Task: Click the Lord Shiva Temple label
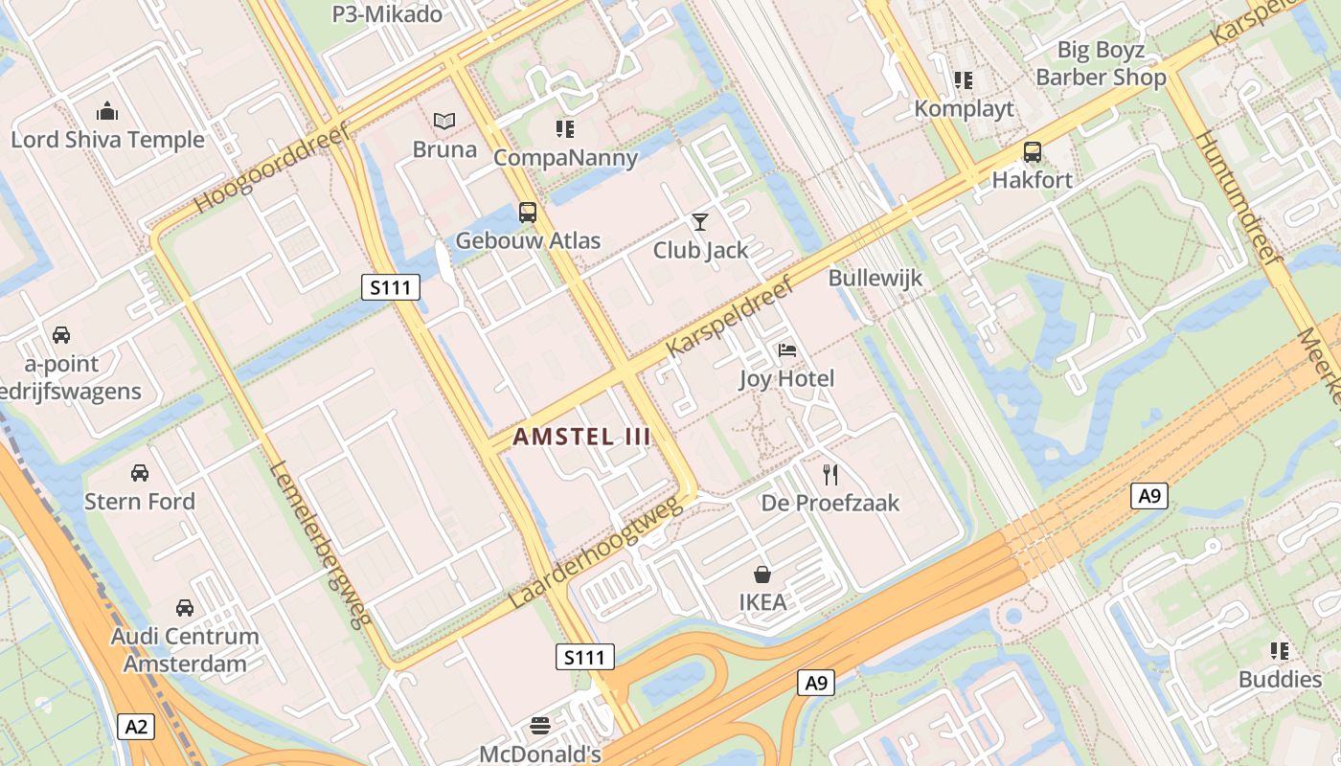[x=107, y=140]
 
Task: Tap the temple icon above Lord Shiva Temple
[x=107, y=111]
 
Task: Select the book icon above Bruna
[x=443, y=121]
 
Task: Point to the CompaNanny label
[x=565, y=158]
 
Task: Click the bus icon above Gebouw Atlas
[x=528, y=213]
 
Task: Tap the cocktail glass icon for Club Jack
[x=700, y=222]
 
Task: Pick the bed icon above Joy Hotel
[x=787, y=350]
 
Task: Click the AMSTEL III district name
[x=582, y=438]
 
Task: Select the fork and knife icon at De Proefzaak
[x=830, y=474]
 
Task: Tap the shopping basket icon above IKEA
[x=762, y=574]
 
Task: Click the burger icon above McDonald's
[x=540, y=725]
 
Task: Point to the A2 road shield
[x=137, y=727]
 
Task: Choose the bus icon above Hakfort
[x=1032, y=151]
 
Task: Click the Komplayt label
[x=964, y=108]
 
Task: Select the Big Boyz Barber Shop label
[x=1101, y=63]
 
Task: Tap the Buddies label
[x=1280, y=680]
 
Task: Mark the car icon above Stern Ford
[x=140, y=473]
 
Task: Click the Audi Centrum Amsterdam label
[x=185, y=649]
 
